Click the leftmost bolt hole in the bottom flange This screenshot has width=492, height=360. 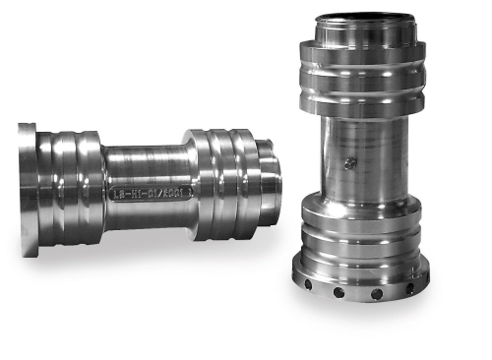[x=307, y=284]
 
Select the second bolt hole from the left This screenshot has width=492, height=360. [x=338, y=292]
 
